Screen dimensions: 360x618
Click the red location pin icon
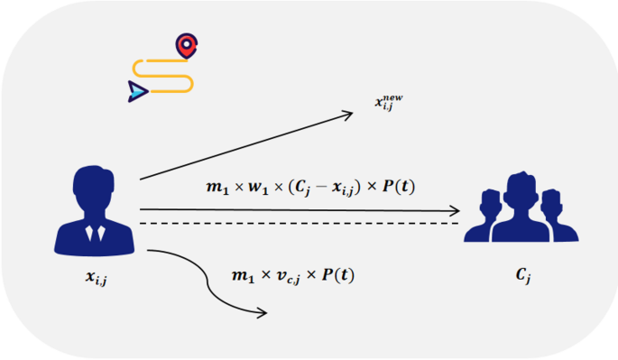[187, 45]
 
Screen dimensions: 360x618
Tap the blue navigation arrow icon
[137, 89]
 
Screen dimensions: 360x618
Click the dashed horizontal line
[298, 222]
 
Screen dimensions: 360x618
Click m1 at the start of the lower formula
[241, 274]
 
